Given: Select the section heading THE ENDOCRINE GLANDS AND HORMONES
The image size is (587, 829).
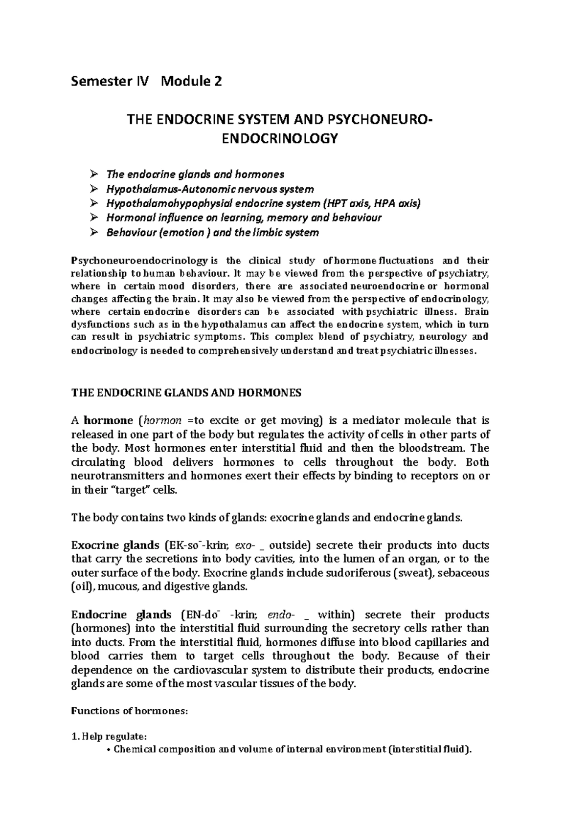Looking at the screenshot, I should pyautogui.click(x=186, y=393).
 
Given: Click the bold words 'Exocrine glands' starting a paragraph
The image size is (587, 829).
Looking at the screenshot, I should pyautogui.click(x=115, y=545).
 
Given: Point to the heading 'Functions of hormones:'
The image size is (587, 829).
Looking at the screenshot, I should pyautogui.click(x=129, y=712).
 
